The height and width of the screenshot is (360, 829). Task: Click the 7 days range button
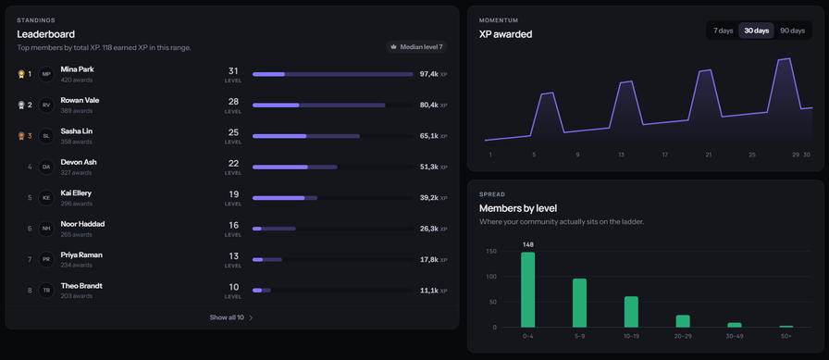(x=723, y=31)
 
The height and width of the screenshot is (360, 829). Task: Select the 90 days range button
(x=793, y=31)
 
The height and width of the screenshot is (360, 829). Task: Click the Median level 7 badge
(x=416, y=47)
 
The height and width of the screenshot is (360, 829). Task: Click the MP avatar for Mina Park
(x=46, y=74)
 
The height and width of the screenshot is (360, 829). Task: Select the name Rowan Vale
(x=80, y=100)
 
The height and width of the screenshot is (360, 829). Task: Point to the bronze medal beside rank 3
(x=21, y=136)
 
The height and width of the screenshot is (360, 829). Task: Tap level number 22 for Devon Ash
(x=233, y=164)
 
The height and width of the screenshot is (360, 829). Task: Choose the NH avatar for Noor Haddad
(x=46, y=229)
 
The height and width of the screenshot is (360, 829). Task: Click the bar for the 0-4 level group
(x=528, y=290)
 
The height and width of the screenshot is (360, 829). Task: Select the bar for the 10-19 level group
(x=631, y=312)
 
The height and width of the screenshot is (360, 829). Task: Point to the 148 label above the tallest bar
(x=528, y=244)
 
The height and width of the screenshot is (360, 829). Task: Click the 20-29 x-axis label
(x=683, y=336)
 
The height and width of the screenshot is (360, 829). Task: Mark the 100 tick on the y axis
(x=491, y=277)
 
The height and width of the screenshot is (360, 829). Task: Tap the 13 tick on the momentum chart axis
(x=621, y=155)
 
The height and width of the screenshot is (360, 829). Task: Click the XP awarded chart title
(x=505, y=34)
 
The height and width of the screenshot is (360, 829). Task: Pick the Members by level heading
(x=518, y=208)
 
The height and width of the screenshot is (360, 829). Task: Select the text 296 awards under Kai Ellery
(x=77, y=204)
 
